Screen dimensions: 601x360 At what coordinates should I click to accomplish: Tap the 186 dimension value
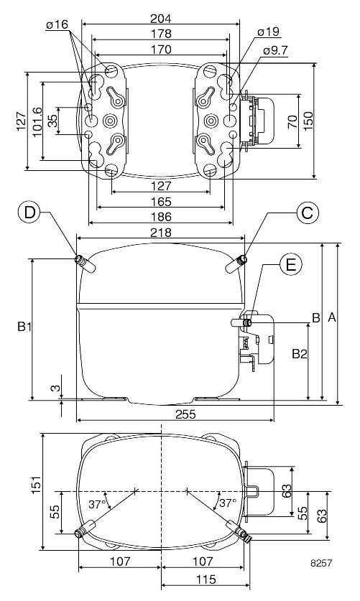pyautogui.click(x=161, y=216)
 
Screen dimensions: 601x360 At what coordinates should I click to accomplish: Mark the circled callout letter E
pyautogui.click(x=290, y=265)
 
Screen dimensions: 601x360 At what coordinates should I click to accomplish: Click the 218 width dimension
pyautogui.click(x=161, y=233)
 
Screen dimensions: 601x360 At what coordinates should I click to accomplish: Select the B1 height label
pyautogui.click(x=24, y=327)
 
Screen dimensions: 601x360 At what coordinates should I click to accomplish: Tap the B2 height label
pyautogui.click(x=298, y=353)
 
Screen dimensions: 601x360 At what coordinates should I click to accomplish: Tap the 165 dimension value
pyautogui.click(x=161, y=202)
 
